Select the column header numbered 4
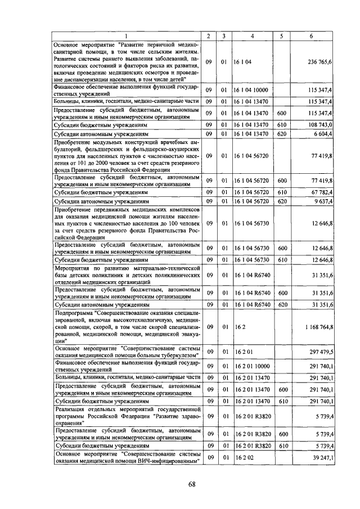[252, 36]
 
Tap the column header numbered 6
[311, 36]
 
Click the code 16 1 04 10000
[251, 90]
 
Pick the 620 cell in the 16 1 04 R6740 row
[282, 304]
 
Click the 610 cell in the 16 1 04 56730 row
[282, 259]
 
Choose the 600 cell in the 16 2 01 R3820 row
[282, 434]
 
